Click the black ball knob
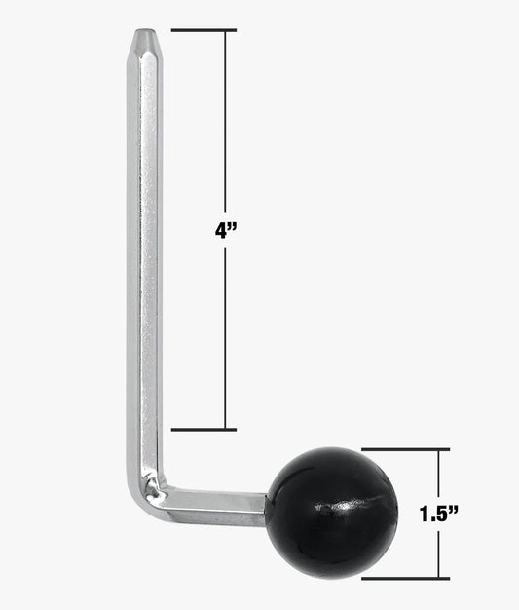[331, 512]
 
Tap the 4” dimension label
[227, 232]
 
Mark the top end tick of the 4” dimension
[203, 31]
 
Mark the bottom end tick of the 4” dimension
[203, 429]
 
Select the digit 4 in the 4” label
[222, 232]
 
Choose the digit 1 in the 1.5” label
[426, 515]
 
